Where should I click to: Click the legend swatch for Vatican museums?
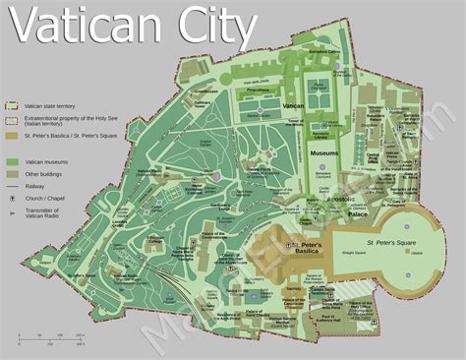point(13,160)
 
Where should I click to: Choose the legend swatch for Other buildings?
point(13,173)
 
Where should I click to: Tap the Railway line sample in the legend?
point(13,185)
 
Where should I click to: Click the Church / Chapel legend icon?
point(13,198)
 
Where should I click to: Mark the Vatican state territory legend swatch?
point(13,103)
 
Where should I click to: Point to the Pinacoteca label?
point(257,89)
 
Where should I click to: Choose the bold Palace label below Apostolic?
point(356,210)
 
